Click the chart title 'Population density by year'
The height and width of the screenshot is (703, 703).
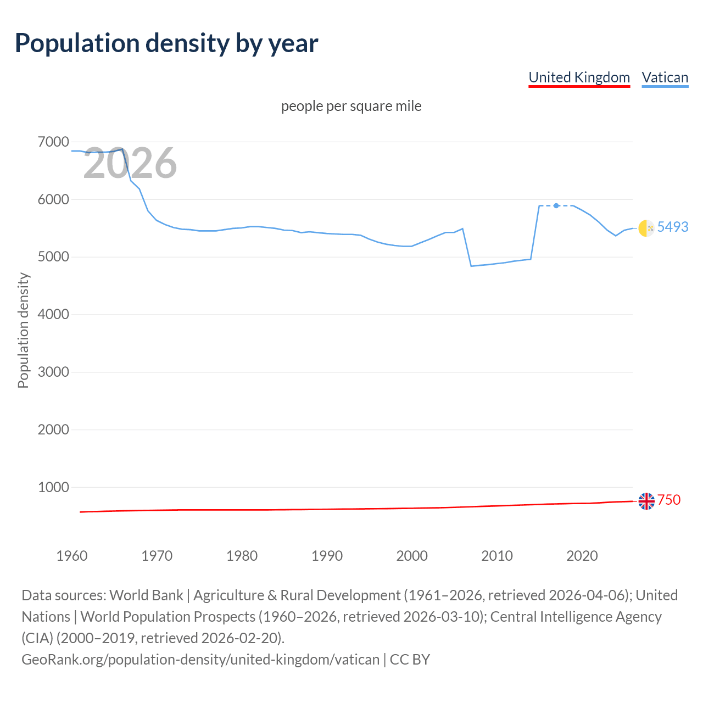166,43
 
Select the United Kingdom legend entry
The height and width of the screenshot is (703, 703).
579,77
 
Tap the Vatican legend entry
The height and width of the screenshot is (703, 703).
665,77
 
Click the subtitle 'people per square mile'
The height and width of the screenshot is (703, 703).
351,106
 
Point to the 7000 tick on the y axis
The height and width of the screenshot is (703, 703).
53,142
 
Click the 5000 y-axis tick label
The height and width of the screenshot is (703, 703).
53,257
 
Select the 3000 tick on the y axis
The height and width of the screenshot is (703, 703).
53,372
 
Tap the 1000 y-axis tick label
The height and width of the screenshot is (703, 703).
53,487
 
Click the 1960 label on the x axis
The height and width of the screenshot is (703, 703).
72,556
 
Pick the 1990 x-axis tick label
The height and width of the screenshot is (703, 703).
327,556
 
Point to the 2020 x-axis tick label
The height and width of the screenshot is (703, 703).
582,556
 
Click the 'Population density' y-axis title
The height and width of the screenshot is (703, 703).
23,331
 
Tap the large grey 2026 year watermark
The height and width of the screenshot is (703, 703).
130,163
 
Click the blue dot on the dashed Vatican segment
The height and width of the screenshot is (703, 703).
556,205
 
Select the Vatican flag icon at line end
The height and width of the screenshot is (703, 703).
646,227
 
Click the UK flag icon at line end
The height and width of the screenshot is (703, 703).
646,501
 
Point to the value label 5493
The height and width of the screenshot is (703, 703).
673,227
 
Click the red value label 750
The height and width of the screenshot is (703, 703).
669,500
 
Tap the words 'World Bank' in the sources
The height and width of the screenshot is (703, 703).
146,595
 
